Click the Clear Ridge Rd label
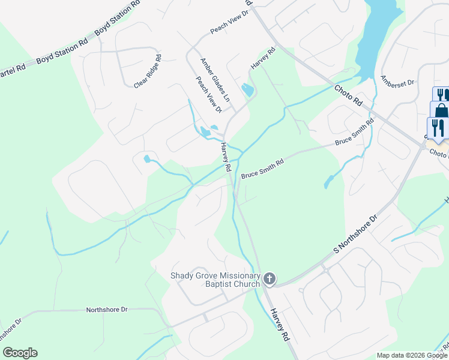pos(148,71)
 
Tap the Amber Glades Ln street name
pos(215,79)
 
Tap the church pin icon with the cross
pos(270,278)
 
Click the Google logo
pos(20,353)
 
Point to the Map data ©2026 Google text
pos(411,355)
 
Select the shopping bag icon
pos(440,111)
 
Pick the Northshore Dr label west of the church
pos(107,310)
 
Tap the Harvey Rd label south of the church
pos(280,325)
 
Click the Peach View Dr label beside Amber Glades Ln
pos(208,95)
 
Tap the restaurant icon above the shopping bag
pos(441,95)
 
